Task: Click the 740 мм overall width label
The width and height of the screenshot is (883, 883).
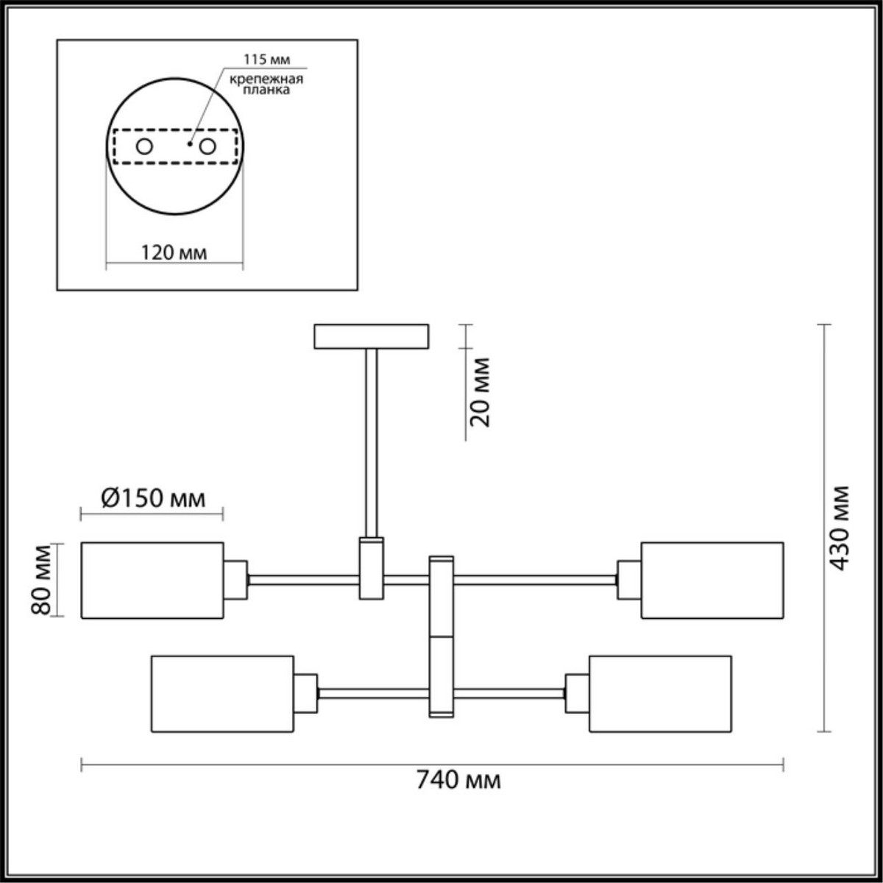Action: point(458,779)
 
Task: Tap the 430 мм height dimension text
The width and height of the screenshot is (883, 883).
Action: point(838,528)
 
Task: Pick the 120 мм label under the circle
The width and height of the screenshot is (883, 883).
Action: point(174,252)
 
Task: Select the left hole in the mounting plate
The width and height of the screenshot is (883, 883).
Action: point(144,146)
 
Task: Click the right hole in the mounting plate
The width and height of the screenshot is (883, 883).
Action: point(208,146)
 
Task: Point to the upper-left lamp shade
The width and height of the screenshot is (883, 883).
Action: point(152,580)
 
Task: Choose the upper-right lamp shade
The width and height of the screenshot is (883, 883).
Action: point(712,580)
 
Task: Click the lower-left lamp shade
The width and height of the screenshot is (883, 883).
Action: point(222,693)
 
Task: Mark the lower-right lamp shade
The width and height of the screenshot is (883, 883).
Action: point(660,693)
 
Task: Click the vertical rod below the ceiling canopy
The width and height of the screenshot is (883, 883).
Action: point(372,441)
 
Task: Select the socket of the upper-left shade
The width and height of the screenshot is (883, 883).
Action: point(235,580)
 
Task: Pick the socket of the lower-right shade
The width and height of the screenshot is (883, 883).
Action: point(577,693)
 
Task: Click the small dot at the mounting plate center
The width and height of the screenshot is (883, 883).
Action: point(190,144)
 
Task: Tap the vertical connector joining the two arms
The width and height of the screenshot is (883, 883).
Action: point(441,636)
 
